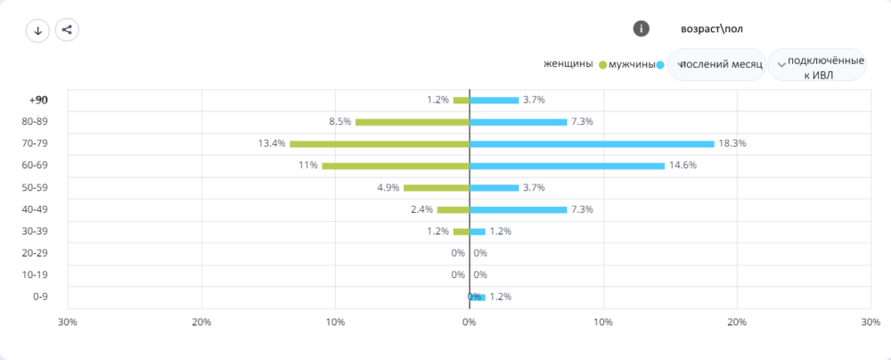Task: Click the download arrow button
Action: pos(38,30)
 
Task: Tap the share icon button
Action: pos(67,30)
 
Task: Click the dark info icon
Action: pos(641,29)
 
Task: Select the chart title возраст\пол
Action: pos(712,29)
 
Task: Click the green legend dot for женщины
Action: pos(602,65)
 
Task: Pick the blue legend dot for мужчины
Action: pos(660,65)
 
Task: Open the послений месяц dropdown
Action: pos(716,65)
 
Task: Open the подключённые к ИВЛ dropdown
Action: pos(817,65)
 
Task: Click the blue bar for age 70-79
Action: pos(592,143)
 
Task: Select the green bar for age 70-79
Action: pos(380,143)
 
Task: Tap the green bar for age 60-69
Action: pos(396,166)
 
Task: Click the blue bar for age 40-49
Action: pos(518,209)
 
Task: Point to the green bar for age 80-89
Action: pos(413,122)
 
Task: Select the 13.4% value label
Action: pos(272,143)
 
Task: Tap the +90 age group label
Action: pos(38,100)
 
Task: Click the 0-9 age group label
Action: pos(40,297)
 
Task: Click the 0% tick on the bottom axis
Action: pos(469,322)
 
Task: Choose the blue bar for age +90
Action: pos(494,100)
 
